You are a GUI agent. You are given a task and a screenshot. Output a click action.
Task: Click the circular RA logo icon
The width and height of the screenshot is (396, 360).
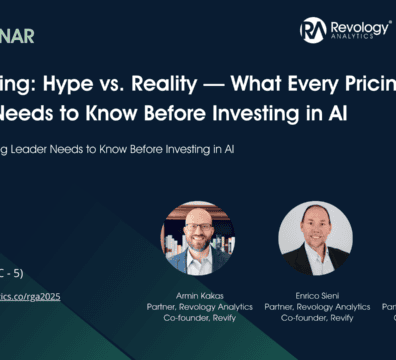coord(313,30)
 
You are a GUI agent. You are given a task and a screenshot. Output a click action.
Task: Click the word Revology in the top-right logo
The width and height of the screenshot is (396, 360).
coord(354,26)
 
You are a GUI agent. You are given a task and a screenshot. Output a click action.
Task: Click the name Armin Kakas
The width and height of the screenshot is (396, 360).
coord(195,297)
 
